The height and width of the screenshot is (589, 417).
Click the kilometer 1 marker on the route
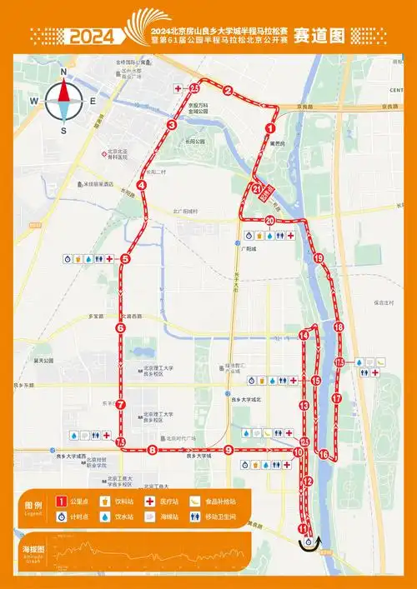[269, 128]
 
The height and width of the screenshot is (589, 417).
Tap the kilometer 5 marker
[125, 259]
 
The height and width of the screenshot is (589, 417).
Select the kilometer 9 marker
[228, 450]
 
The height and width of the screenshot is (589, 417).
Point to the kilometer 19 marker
[319, 259]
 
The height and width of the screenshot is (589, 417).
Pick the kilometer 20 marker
[269, 220]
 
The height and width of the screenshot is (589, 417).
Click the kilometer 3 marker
[171, 125]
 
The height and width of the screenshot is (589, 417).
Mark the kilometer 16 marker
[324, 454]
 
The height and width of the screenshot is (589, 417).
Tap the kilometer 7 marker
[121, 405]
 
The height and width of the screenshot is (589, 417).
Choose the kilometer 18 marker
[338, 327]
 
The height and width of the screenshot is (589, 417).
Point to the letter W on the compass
[34, 101]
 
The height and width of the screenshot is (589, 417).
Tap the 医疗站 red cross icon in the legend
[152, 502]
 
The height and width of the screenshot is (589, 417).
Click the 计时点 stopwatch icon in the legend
[60, 517]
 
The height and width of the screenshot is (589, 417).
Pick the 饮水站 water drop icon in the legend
[106, 517]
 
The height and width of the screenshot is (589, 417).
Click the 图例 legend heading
[34, 506]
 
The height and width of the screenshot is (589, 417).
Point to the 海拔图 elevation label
[34, 550]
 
